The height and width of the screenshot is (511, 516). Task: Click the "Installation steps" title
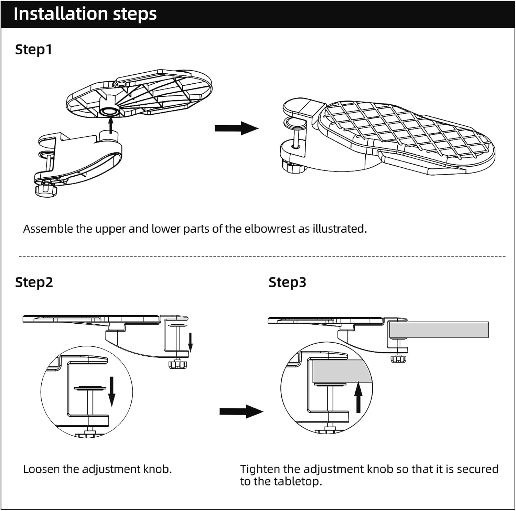tap(85, 14)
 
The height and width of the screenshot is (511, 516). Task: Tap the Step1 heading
tap(33, 49)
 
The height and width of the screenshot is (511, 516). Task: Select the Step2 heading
tap(34, 282)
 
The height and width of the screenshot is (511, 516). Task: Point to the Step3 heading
tap(287, 282)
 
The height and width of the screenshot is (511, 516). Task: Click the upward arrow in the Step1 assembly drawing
tap(110, 125)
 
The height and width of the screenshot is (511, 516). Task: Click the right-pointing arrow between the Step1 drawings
tap(236, 128)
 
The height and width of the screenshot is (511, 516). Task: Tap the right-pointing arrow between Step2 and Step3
tap(241, 411)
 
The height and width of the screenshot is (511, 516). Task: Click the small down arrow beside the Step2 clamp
tap(191, 342)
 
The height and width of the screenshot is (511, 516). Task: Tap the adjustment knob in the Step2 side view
tap(178, 364)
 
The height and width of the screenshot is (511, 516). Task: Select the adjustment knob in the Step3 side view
tap(399, 358)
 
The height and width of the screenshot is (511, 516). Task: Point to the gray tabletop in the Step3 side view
tap(439, 330)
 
